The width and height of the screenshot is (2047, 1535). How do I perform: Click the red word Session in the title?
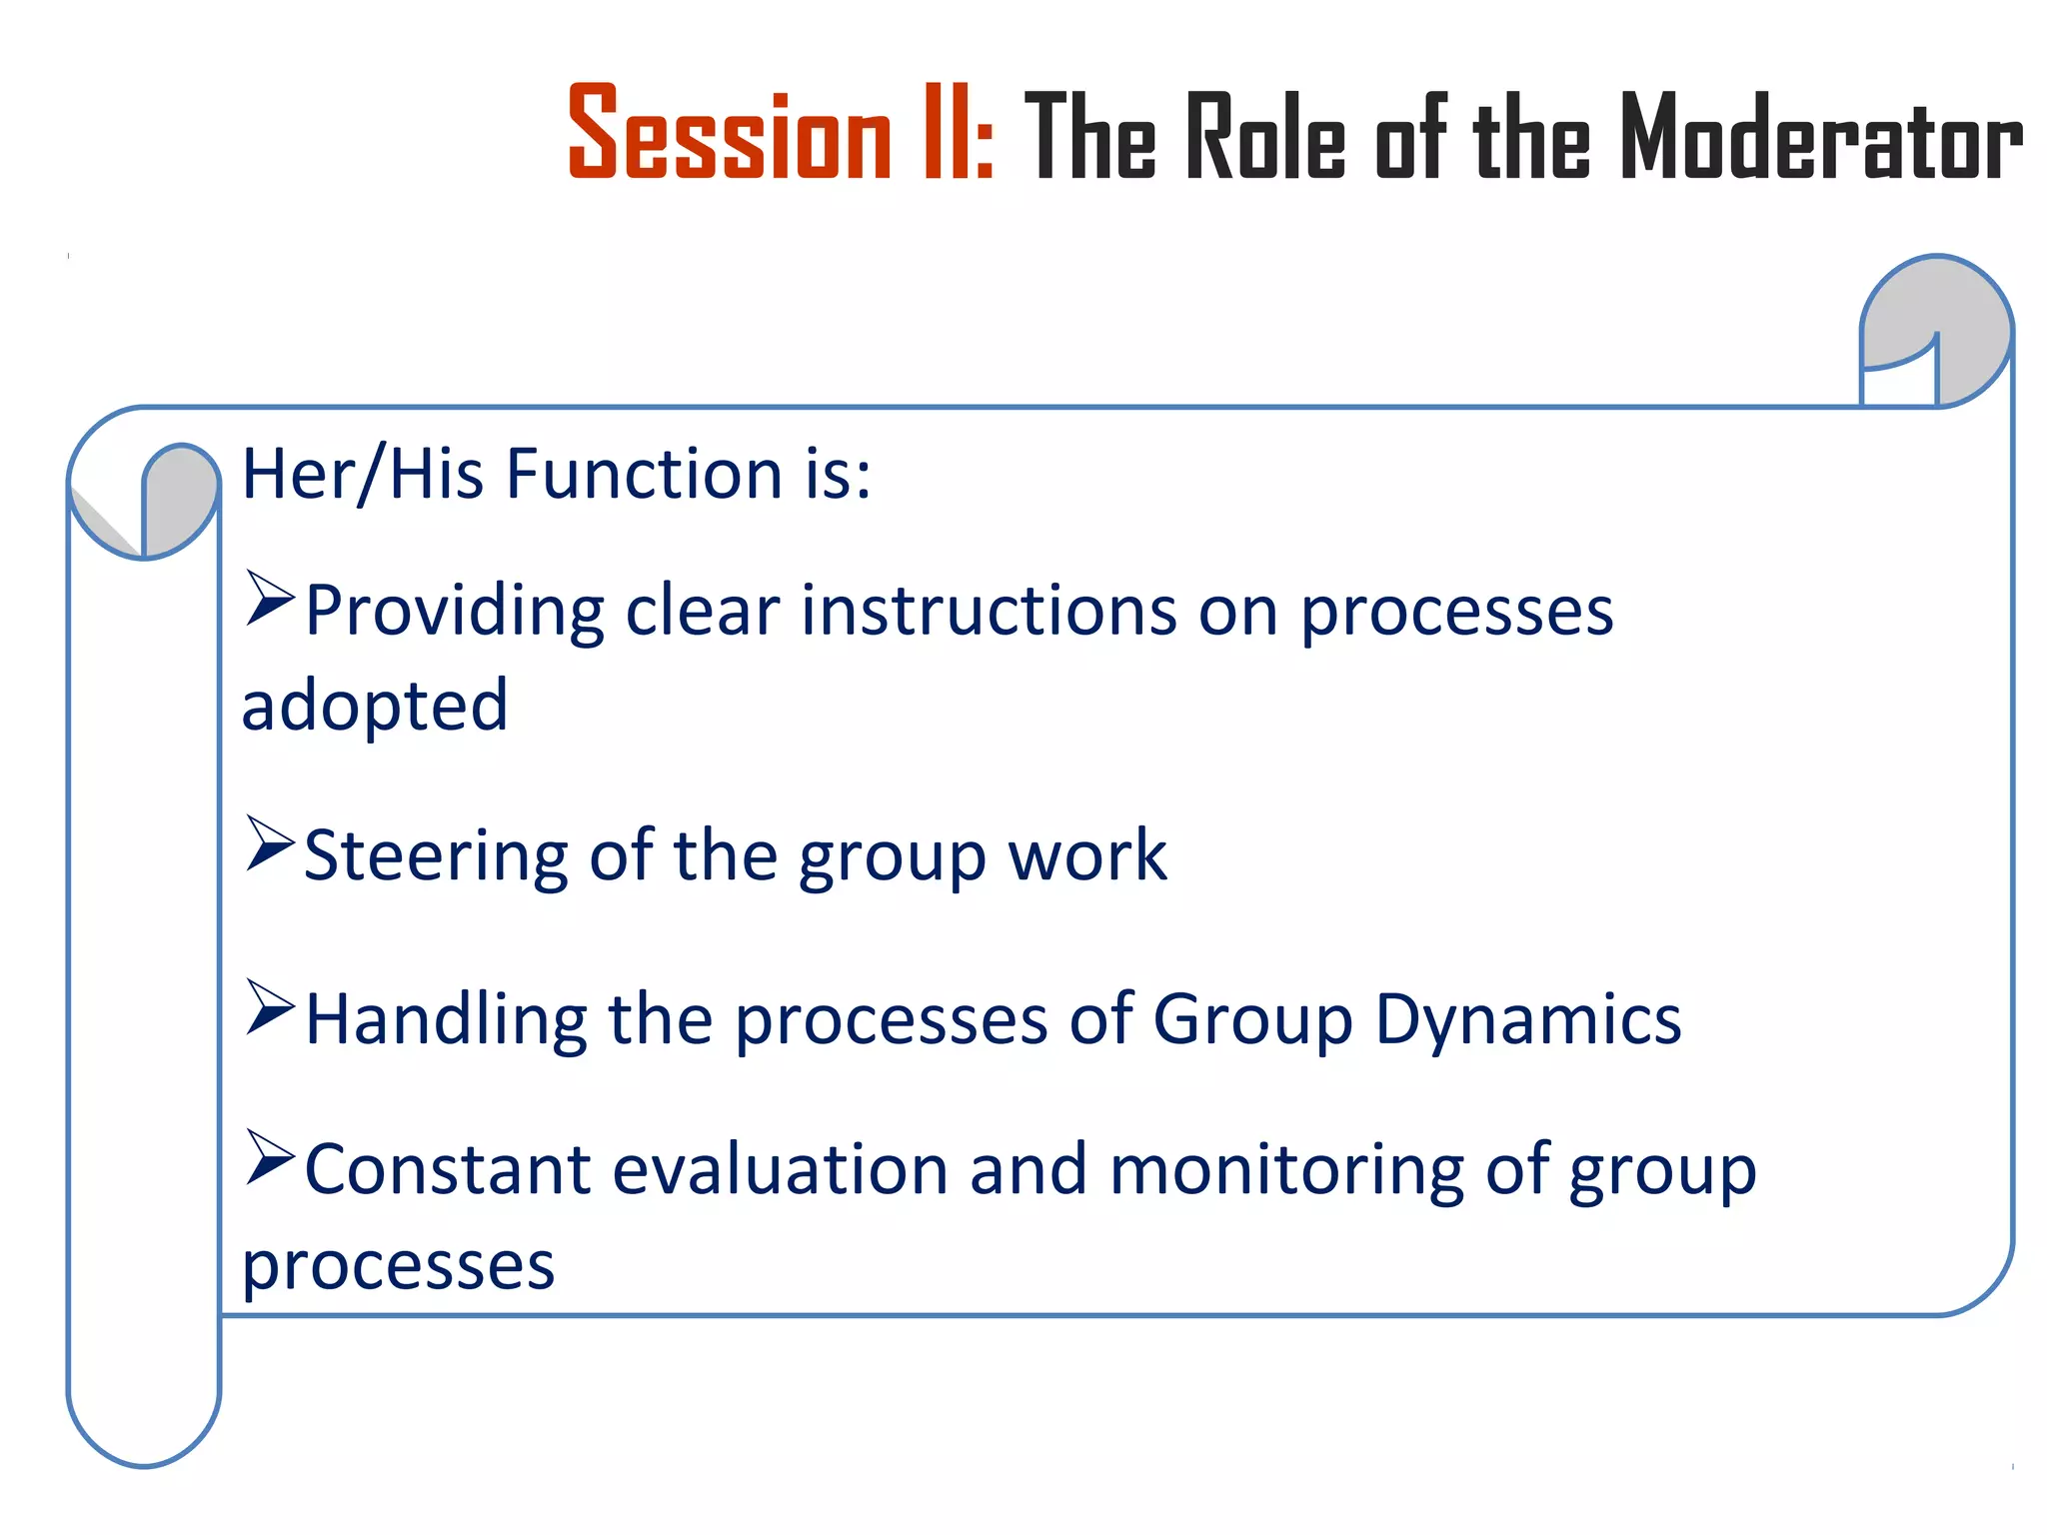(729, 134)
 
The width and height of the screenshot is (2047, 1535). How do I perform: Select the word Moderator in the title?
(1820, 138)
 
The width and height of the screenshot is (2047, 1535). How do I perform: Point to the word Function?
(645, 474)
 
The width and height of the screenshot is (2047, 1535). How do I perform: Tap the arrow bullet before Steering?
(269, 843)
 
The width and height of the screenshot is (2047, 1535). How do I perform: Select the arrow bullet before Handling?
(269, 1007)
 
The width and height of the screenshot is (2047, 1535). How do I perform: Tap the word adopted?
(375, 706)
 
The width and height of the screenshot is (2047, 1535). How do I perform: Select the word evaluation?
(779, 1169)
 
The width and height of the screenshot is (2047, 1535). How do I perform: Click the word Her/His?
(365, 474)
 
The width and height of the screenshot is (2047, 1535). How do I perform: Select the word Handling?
(446, 1019)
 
